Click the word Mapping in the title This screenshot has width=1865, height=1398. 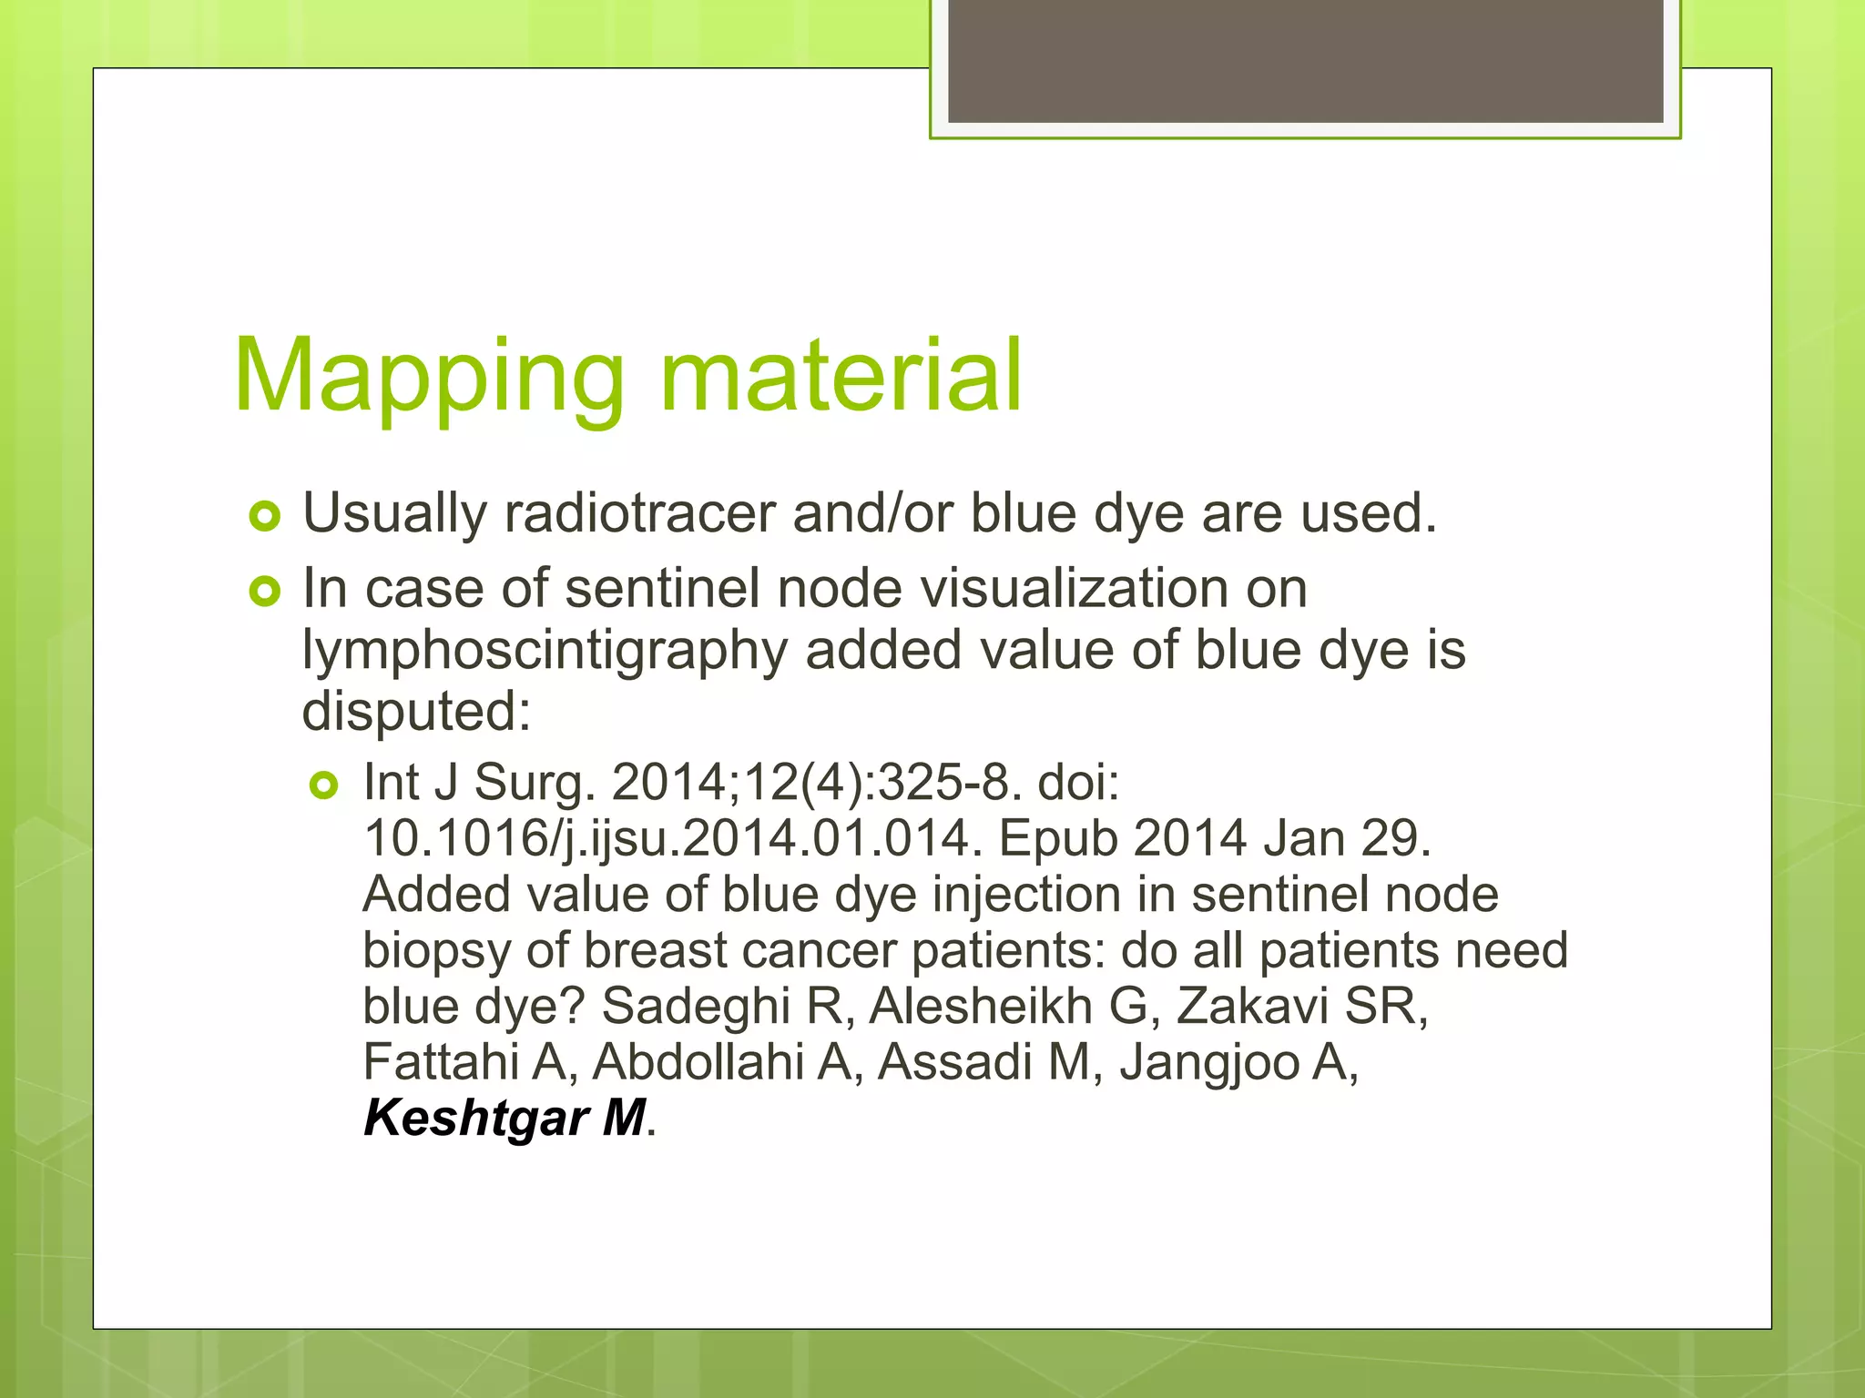pyautogui.click(x=428, y=377)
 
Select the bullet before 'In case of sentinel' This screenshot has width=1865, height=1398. pyautogui.click(x=265, y=593)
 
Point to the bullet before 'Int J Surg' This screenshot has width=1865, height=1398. pyautogui.click(x=324, y=785)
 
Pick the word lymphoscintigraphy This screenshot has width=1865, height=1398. pyautogui.click(x=545, y=652)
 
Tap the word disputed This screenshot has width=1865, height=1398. pyautogui.click(x=415, y=711)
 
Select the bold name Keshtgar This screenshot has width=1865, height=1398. pyautogui.click(x=474, y=1118)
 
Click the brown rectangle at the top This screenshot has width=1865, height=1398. pyautogui.click(x=1305, y=60)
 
